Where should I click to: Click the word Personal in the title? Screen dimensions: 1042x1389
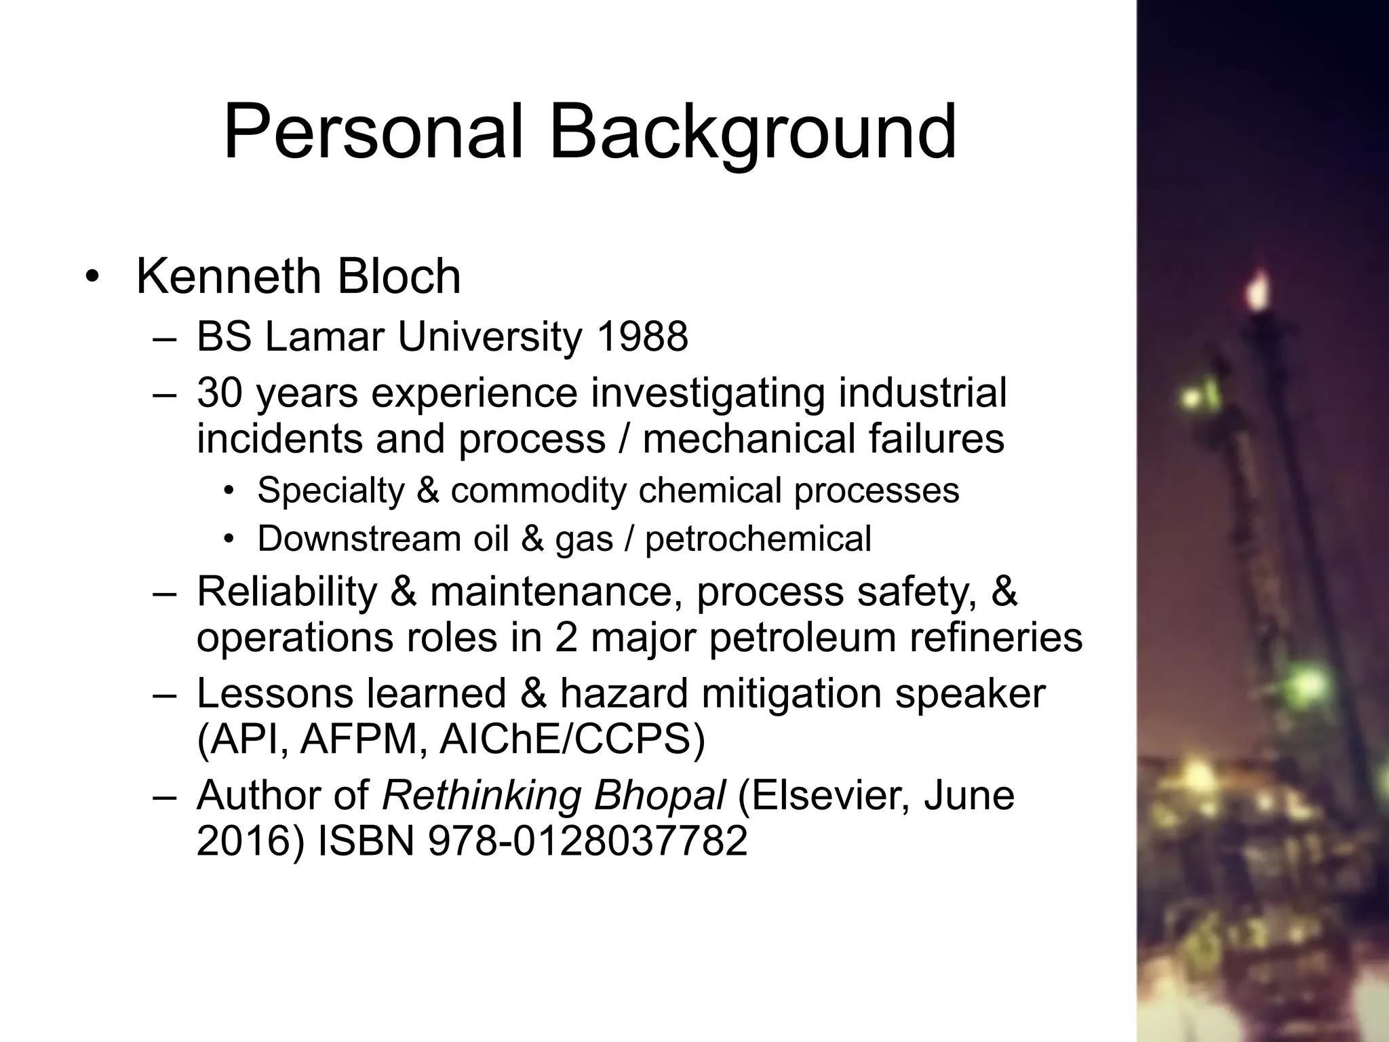373,132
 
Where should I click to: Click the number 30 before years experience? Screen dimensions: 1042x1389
219,393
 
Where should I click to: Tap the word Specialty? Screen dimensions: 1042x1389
331,491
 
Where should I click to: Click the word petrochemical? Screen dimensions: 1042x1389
758,539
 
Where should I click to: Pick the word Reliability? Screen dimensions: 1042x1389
286,591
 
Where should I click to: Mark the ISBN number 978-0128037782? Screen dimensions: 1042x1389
587,841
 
